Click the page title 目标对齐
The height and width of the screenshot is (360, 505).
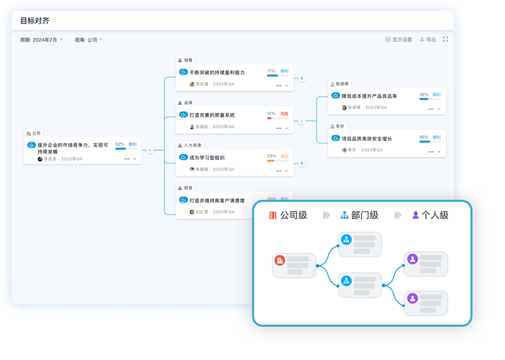click(35, 21)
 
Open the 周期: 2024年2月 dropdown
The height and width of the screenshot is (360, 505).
click(42, 40)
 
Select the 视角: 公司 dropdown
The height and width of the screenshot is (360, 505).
click(88, 40)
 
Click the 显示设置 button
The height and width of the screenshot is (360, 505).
click(399, 40)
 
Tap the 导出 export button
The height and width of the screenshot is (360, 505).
click(428, 40)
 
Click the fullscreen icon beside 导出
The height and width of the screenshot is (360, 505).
click(446, 40)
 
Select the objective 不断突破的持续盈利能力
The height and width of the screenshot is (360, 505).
click(217, 73)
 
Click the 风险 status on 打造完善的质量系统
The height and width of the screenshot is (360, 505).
click(284, 114)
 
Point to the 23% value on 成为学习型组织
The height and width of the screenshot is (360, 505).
click(271, 156)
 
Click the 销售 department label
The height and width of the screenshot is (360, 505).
click(188, 60)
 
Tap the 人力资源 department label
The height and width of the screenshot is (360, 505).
click(192, 145)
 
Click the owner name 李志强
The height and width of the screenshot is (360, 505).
click(201, 84)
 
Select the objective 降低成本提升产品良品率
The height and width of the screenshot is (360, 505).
click(369, 96)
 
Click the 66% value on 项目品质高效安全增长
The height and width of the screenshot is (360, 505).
click(424, 137)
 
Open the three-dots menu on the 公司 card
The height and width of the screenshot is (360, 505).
click(127, 159)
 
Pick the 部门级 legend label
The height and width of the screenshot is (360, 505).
click(365, 215)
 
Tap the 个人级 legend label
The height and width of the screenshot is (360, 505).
click(435, 215)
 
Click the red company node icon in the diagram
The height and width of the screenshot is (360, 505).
click(280, 260)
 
